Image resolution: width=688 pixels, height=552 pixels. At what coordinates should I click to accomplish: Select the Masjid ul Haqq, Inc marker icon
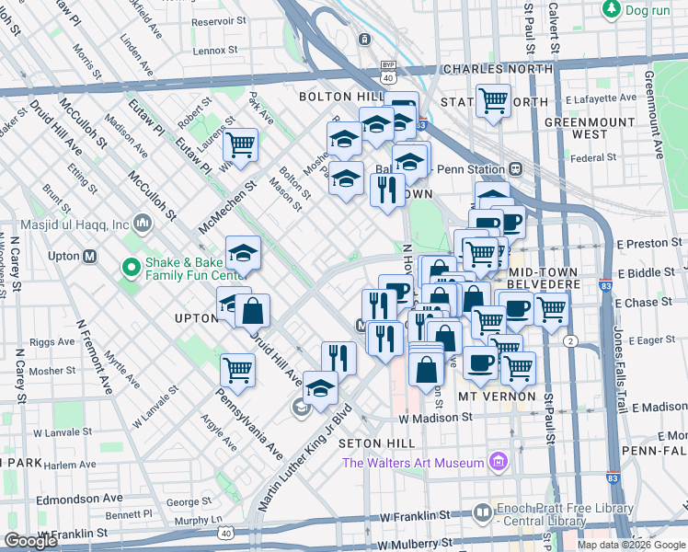point(143,223)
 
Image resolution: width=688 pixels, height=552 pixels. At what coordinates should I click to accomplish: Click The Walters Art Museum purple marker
point(499,461)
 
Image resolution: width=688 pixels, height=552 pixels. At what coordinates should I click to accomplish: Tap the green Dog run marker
point(611,8)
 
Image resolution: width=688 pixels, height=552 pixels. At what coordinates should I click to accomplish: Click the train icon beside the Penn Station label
point(516,169)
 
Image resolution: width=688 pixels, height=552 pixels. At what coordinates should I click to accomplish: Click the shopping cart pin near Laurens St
point(240,144)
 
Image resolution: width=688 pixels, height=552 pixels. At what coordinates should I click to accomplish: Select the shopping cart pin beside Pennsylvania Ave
point(237,370)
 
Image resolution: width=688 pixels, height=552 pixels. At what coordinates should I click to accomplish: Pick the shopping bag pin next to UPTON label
point(252,311)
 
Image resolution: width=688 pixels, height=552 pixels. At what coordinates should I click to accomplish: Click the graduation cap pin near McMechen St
point(243,253)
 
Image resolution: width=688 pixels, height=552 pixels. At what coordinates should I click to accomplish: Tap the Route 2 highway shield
point(571,341)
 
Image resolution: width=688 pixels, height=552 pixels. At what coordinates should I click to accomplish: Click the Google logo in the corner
point(31,541)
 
